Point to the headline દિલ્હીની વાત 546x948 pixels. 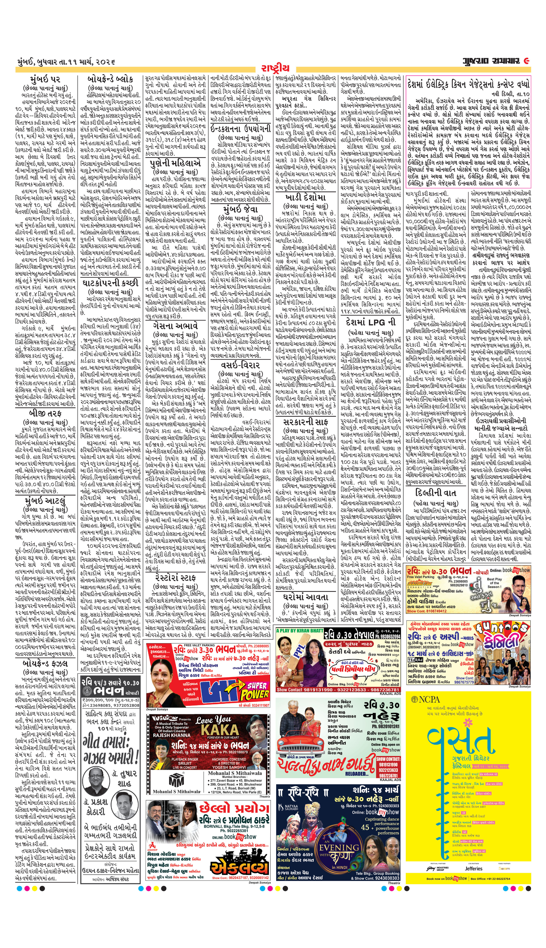435,492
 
